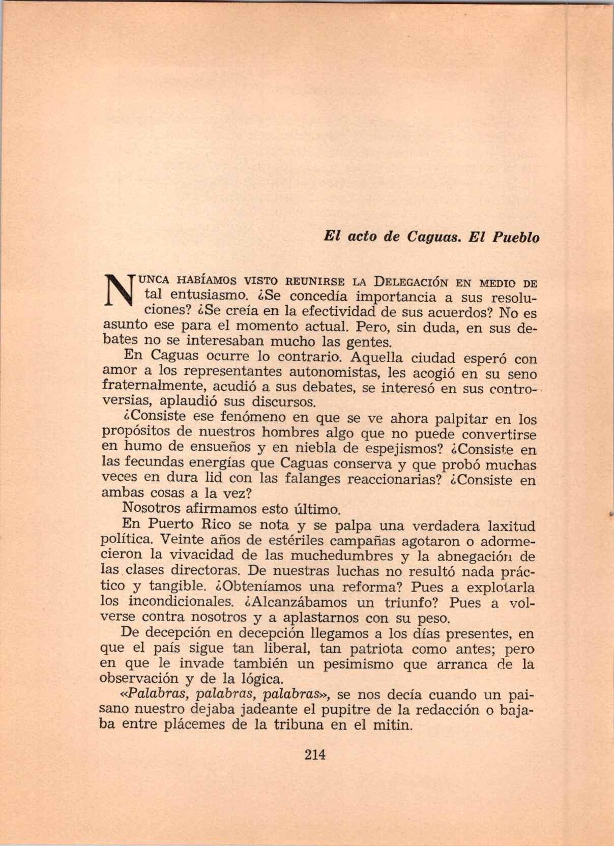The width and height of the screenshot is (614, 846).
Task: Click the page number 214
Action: (x=314, y=754)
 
